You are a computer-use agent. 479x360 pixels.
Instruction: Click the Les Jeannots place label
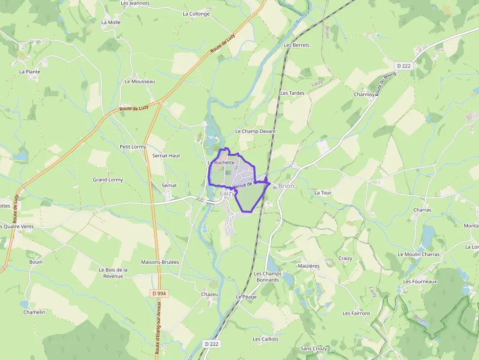pyautogui.click(x=135, y=3)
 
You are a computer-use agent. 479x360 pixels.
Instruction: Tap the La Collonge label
pyautogui.click(x=196, y=14)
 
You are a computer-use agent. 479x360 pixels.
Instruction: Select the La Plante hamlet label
pyautogui.click(x=29, y=72)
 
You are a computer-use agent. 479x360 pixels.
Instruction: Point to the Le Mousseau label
pyautogui.click(x=140, y=82)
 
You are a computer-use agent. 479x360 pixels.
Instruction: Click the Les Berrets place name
pyautogui.click(x=297, y=45)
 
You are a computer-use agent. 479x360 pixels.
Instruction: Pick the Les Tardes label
pyautogui.click(x=292, y=93)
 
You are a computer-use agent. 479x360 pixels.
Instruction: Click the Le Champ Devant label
pyautogui.click(x=256, y=131)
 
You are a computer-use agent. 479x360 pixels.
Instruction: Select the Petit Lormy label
pyautogui.click(x=133, y=147)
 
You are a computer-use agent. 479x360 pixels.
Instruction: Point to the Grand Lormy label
pyautogui.click(x=108, y=180)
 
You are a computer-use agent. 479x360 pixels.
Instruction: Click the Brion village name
pyautogui.click(x=286, y=186)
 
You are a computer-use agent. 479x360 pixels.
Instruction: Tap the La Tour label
pyautogui.click(x=323, y=193)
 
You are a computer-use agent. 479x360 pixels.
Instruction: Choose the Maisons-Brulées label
pyautogui.click(x=160, y=262)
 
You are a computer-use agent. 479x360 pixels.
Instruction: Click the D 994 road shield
pyautogui.click(x=159, y=293)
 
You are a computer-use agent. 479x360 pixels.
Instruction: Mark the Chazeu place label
pyautogui.click(x=210, y=295)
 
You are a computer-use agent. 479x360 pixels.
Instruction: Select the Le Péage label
pyautogui.click(x=246, y=297)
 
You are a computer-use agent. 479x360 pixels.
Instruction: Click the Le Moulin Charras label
pyautogui.click(x=418, y=254)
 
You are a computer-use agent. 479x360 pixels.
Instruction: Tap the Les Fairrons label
pyautogui.click(x=356, y=314)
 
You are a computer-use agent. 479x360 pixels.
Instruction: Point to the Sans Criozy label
pyautogui.click(x=314, y=349)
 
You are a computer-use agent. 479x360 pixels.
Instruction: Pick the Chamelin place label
pyautogui.click(x=34, y=313)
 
